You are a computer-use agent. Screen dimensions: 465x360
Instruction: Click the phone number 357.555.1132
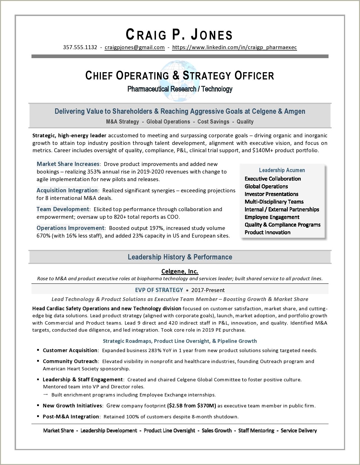tap(80, 47)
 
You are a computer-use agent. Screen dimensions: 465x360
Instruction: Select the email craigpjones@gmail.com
tap(135, 47)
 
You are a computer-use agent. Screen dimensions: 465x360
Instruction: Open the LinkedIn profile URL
tap(234, 47)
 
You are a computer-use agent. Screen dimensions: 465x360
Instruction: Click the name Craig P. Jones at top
tap(179, 35)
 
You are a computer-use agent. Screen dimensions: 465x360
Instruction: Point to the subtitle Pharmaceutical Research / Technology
tap(180, 89)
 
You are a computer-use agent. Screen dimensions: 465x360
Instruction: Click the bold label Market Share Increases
tap(68, 164)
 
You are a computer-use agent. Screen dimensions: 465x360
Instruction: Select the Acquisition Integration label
tap(67, 190)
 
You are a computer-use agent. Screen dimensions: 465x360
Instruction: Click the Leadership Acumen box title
tap(282, 170)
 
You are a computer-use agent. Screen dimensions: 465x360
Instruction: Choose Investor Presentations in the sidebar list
tap(271, 194)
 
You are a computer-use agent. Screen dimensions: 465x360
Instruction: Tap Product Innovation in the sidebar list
tap(267, 232)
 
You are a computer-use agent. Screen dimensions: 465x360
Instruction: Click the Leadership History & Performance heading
tap(180, 257)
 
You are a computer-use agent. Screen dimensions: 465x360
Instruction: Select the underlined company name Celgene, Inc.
tap(180, 271)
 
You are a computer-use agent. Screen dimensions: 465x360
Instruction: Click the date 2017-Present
tap(208, 290)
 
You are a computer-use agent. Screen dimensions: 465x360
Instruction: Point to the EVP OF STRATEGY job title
tap(159, 290)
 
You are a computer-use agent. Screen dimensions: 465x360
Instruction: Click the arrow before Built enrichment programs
tap(46, 395)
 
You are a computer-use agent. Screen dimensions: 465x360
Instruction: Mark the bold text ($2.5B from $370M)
tap(191, 405)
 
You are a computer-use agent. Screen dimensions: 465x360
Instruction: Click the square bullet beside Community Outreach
tap(38, 361)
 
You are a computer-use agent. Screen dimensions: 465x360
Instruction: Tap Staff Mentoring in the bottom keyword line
tap(256, 430)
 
